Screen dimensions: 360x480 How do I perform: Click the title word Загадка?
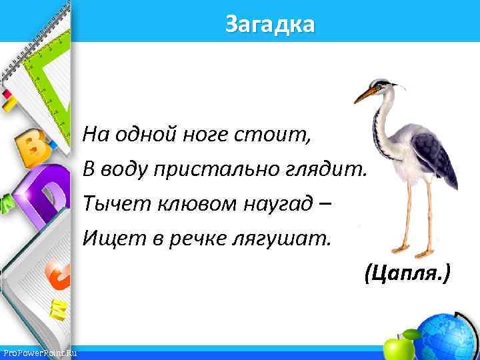coord(269,25)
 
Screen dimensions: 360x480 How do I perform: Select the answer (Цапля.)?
coord(407,272)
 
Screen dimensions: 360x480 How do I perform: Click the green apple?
coord(399,346)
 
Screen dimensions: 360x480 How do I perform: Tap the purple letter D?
coord(45,193)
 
